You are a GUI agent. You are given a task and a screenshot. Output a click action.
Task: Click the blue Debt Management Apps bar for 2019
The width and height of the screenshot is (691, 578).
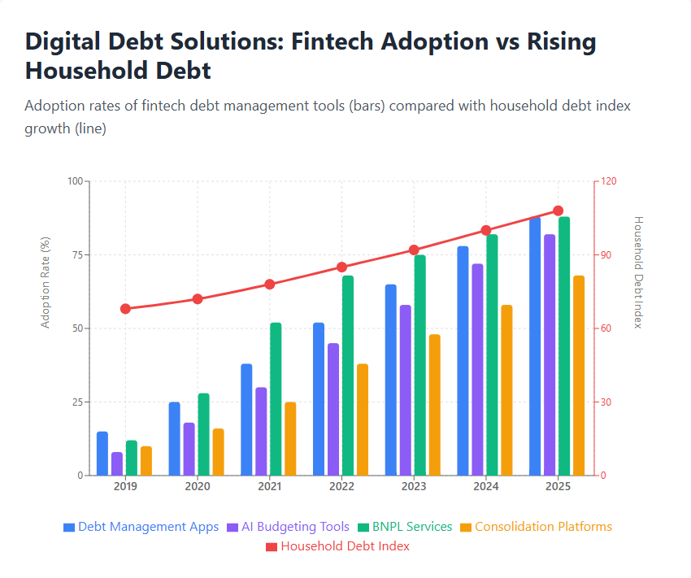tap(102, 454)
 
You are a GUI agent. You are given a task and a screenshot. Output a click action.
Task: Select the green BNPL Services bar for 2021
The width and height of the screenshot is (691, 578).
tap(276, 399)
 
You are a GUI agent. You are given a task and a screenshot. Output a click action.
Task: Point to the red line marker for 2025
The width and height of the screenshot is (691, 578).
tap(558, 211)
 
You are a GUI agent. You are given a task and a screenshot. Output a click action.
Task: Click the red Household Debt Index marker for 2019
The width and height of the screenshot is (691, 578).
tap(125, 309)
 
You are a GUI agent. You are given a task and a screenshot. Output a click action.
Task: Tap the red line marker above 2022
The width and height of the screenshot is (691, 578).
tap(341, 267)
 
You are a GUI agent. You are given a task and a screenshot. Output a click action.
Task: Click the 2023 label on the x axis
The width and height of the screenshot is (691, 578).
tap(414, 486)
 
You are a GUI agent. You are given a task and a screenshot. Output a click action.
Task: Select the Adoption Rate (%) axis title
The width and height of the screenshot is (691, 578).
tap(46, 282)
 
